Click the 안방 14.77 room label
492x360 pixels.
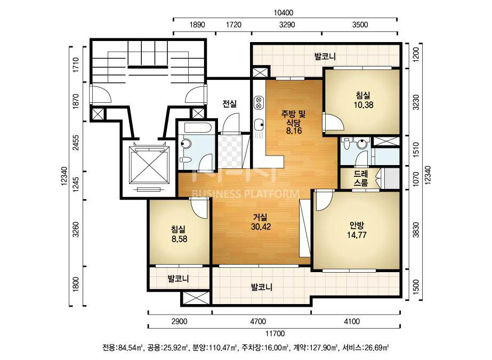click(357, 230)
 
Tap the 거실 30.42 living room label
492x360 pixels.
click(261, 222)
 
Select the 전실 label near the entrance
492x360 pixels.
click(229, 103)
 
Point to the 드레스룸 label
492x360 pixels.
click(360, 178)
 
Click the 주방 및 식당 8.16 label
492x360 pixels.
click(293, 121)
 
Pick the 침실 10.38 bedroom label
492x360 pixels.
click(364, 100)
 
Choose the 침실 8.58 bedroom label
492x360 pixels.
click(179, 234)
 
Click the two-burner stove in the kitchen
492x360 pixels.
click(259, 103)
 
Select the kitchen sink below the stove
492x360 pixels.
click(259, 125)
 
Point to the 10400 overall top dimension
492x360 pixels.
click(284, 13)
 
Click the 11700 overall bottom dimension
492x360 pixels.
click(275, 333)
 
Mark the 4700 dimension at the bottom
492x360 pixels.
click(257, 321)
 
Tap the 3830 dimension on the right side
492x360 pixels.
click(416, 230)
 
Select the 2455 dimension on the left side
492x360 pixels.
click(76, 143)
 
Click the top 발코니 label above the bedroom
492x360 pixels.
click(325, 56)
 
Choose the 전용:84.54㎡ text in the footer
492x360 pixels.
click(123, 347)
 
